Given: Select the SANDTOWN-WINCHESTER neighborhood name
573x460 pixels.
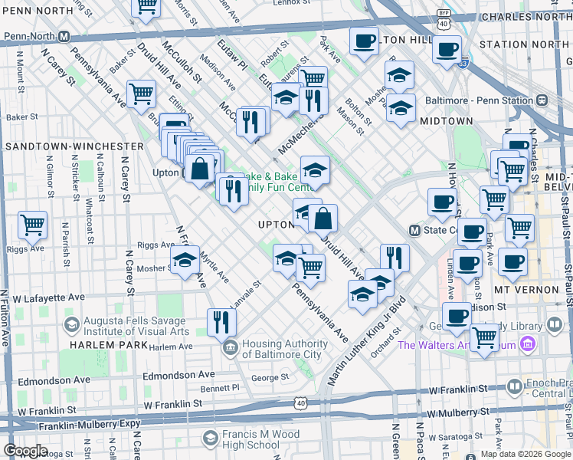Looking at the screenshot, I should (74, 146).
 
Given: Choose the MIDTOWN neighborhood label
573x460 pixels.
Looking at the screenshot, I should (446, 121).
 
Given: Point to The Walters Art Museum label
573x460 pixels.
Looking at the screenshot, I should (457, 345).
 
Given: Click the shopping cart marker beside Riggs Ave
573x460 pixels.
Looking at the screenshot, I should (32, 225).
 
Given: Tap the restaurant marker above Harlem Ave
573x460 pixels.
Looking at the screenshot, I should (221, 322).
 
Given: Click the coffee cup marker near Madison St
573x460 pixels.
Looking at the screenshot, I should (457, 316).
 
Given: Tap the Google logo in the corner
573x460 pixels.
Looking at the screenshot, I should (25, 451).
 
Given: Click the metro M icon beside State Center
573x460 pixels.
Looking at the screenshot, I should (414, 230).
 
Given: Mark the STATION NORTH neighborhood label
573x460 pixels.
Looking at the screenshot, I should (524, 44).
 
